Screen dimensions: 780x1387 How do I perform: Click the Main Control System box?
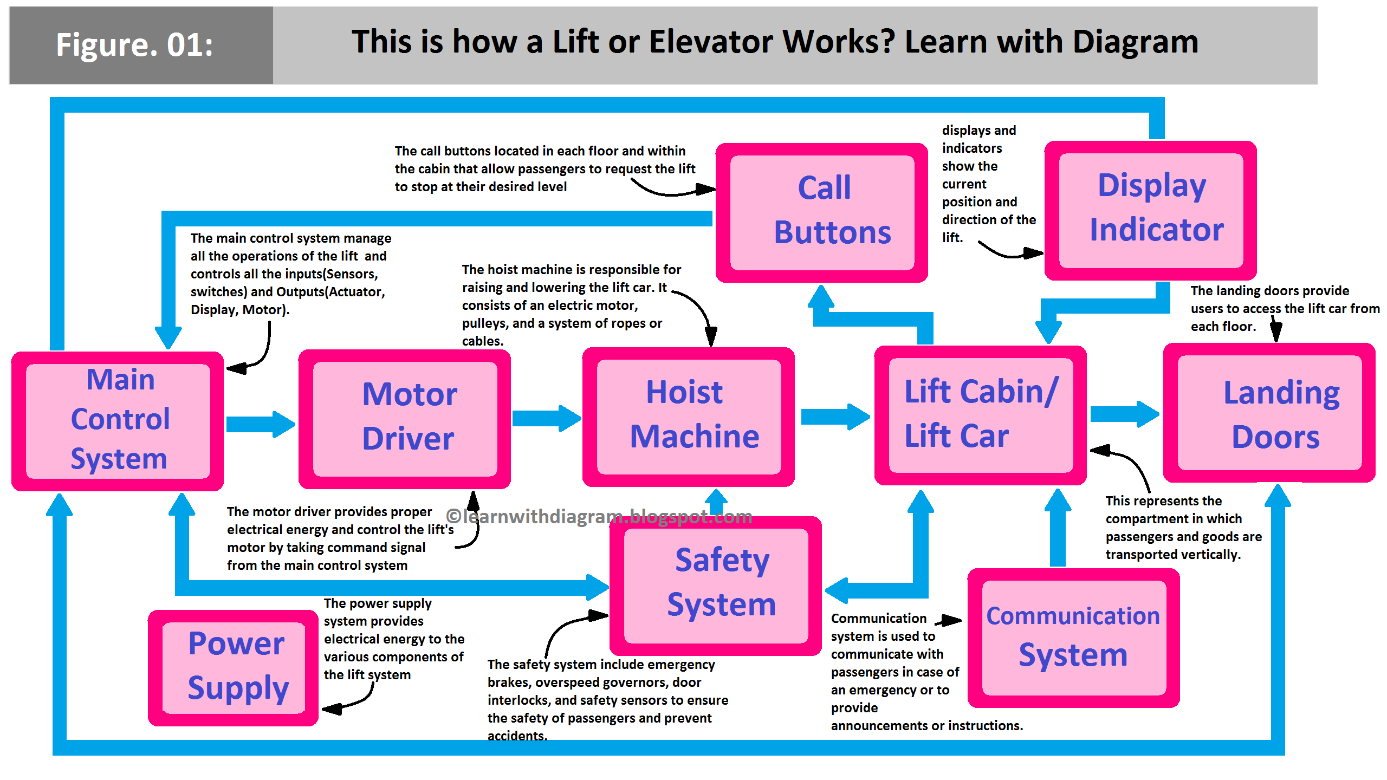click(x=118, y=421)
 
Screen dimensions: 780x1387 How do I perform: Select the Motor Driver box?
click(x=405, y=418)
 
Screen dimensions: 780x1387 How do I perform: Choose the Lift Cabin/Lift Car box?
click(x=981, y=415)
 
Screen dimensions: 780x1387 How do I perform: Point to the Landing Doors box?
click(x=1269, y=413)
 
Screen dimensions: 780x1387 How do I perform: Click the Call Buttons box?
click(x=822, y=212)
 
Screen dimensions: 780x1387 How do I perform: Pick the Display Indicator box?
click(x=1151, y=210)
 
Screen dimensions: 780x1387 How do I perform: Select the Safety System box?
click(x=716, y=586)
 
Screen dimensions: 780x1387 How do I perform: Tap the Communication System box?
click(x=1073, y=638)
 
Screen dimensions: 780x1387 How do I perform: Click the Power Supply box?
click(x=234, y=667)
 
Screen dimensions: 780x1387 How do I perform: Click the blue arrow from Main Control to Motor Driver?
click(x=261, y=424)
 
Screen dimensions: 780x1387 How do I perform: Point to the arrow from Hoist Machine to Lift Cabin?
click(x=835, y=417)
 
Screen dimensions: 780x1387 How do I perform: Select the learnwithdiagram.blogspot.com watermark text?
click(x=599, y=516)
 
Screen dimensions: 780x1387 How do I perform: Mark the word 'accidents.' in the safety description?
click(x=517, y=736)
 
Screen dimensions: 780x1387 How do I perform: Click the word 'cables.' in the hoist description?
click(x=483, y=341)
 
